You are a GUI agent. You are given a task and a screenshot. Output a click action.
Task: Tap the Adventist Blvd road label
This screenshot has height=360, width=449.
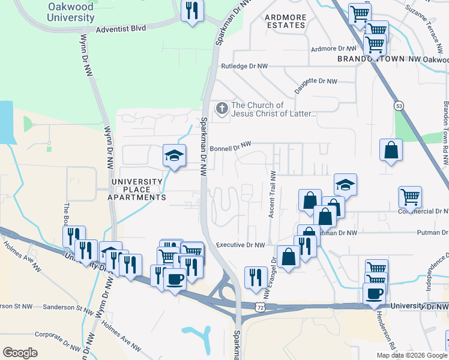point(120,28)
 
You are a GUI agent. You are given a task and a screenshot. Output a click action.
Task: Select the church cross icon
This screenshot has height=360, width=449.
point(222,109)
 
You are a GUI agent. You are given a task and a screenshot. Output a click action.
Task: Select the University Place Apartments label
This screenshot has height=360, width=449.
point(137,190)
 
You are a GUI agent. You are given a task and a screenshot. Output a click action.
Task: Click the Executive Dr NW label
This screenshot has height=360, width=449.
point(240,245)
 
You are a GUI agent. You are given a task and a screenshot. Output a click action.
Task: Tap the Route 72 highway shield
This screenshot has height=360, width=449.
point(259,307)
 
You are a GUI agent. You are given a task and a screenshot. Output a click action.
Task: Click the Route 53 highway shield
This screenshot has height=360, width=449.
point(399,106)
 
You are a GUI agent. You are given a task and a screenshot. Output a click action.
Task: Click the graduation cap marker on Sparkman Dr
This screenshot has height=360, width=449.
point(174,156)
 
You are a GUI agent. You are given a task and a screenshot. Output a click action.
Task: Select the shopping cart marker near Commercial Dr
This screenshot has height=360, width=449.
point(410,196)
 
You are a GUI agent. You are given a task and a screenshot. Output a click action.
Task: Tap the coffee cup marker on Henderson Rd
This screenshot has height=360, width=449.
point(374,293)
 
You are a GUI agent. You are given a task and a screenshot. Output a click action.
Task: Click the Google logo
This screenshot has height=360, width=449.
point(20,352)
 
